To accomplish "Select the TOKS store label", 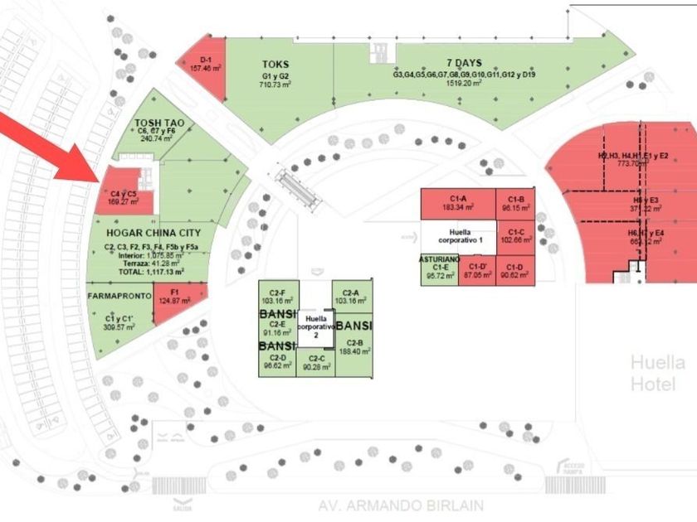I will pos(275,64).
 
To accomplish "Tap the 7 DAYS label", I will pos(464,63).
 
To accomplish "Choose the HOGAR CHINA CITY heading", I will pos(154,233).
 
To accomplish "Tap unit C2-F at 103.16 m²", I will pos(273,297).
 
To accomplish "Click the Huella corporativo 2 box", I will pos(315,326).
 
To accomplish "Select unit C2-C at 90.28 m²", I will pos(315,363).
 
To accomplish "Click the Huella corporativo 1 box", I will pos(465,235).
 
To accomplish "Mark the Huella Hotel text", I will pos(657,374).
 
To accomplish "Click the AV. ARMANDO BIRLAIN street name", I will pos(401,505).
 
